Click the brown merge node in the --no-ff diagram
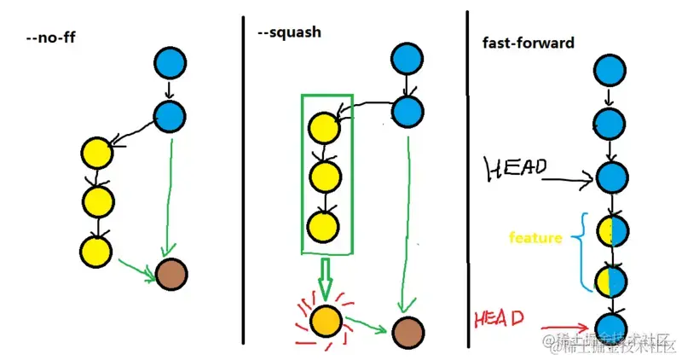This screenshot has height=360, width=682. tap(170, 275)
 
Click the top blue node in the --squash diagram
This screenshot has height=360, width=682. tap(407, 59)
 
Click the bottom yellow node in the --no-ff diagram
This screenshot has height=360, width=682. tap(96, 251)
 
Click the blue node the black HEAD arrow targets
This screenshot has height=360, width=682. tap(610, 177)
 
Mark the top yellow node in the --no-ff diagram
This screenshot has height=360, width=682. tap(96, 154)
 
